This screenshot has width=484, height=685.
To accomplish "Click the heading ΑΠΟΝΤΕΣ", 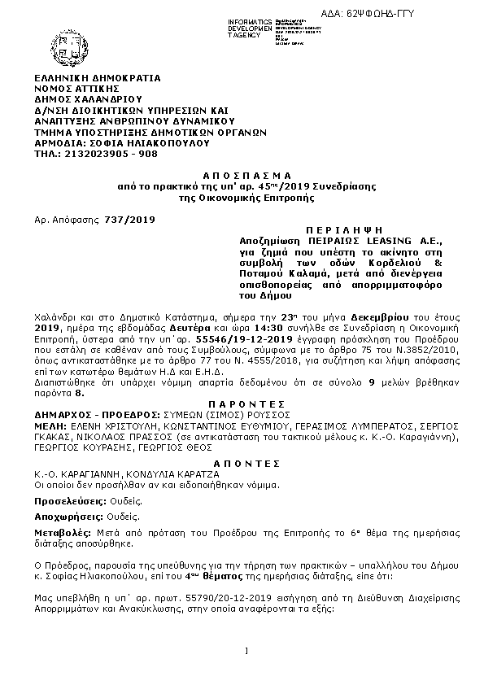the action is coord(245,460).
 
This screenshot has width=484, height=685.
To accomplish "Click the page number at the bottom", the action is coord(245,650).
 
